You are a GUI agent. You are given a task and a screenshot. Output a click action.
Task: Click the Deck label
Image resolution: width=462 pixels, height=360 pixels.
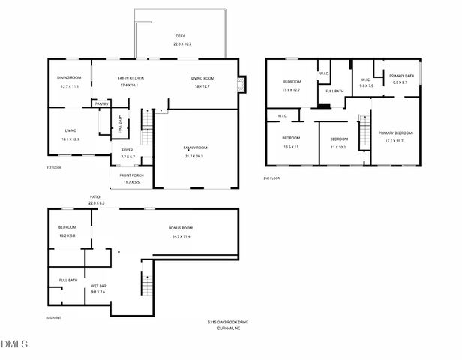(180, 36)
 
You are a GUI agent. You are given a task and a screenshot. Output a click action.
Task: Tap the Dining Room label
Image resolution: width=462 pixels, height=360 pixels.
(70, 78)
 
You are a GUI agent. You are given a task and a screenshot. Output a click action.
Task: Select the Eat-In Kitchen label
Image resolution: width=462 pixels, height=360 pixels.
(130, 78)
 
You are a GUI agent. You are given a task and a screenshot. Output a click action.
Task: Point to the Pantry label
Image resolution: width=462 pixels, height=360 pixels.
(101, 103)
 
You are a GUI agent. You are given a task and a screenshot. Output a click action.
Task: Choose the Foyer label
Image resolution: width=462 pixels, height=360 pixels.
(127, 150)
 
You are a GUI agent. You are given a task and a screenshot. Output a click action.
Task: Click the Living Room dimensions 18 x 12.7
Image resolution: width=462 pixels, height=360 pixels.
(202, 85)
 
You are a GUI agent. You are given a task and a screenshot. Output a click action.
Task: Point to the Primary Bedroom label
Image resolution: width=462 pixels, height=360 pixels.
(395, 133)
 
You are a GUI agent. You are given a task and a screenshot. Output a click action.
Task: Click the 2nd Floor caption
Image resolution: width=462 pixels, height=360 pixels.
(271, 178)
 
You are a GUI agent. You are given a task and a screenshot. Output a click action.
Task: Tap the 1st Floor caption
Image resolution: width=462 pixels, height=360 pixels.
(53, 167)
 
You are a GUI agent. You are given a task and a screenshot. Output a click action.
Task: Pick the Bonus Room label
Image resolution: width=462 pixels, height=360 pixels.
(181, 228)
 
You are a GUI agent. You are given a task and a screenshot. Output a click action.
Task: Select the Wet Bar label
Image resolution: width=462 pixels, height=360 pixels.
(98, 286)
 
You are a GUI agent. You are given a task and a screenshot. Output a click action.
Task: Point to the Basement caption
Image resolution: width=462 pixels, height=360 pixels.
(53, 318)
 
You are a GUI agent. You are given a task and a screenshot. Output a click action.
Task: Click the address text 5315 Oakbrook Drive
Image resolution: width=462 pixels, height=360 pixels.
(227, 322)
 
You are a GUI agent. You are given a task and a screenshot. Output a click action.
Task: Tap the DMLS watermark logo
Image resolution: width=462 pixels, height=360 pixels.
(14, 345)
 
